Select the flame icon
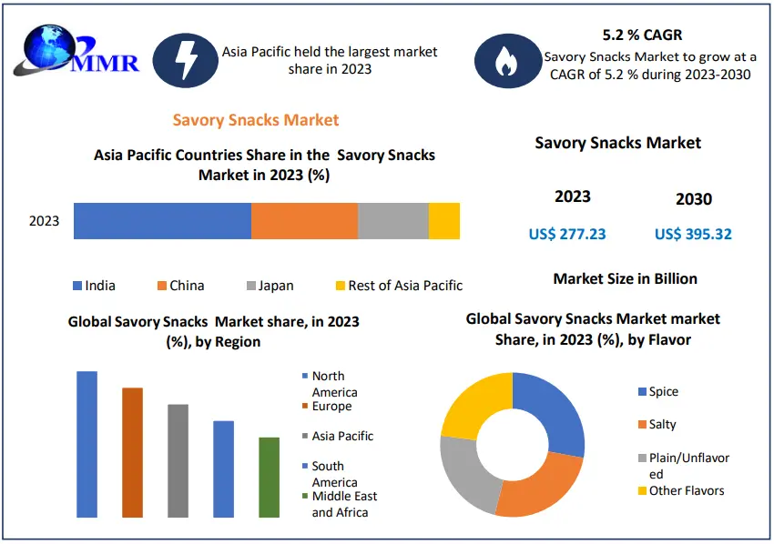coord(504,59)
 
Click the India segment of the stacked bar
coord(162,221)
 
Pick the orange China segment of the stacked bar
coord(304,221)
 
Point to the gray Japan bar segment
coord(392,221)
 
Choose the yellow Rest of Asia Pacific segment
coord(443,221)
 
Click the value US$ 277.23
coord(567,234)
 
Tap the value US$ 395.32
coord(693,234)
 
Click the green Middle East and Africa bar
coord(269,478)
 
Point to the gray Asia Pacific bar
coord(178,460)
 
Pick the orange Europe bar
coord(132,452)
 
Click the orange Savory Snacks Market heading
coord(255,120)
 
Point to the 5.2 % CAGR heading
coord(643,35)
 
